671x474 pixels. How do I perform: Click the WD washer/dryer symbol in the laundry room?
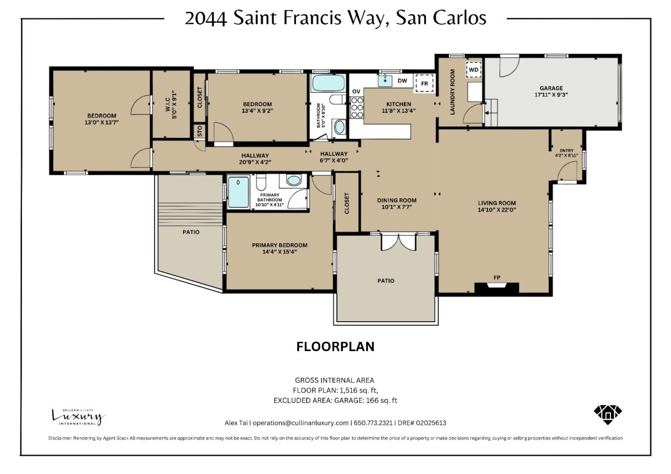[x=473, y=70]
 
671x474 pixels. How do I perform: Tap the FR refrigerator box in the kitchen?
[x=424, y=83]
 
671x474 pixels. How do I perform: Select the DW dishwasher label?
[x=402, y=81]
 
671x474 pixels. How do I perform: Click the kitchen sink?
[x=385, y=81]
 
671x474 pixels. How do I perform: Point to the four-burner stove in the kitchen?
[x=357, y=108]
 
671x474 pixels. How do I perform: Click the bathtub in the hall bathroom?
[x=328, y=83]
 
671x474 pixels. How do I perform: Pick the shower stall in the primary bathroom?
[x=239, y=192]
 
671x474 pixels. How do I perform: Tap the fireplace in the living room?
[x=496, y=287]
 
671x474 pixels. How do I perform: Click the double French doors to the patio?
[x=398, y=242]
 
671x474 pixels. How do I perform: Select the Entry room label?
[x=567, y=150]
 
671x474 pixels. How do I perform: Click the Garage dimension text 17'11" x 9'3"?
[x=551, y=95]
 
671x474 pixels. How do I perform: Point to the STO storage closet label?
[x=199, y=131]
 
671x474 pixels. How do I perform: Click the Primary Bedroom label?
[x=280, y=245]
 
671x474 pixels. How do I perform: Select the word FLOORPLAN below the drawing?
[x=335, y=347]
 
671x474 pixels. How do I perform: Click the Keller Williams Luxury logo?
[x=78, y=416]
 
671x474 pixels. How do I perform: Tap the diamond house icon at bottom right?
[x=608, y=414]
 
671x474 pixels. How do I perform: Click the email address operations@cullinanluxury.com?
[x=301, y=423]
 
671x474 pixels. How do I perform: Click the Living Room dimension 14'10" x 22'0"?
[x=497, y=210]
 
